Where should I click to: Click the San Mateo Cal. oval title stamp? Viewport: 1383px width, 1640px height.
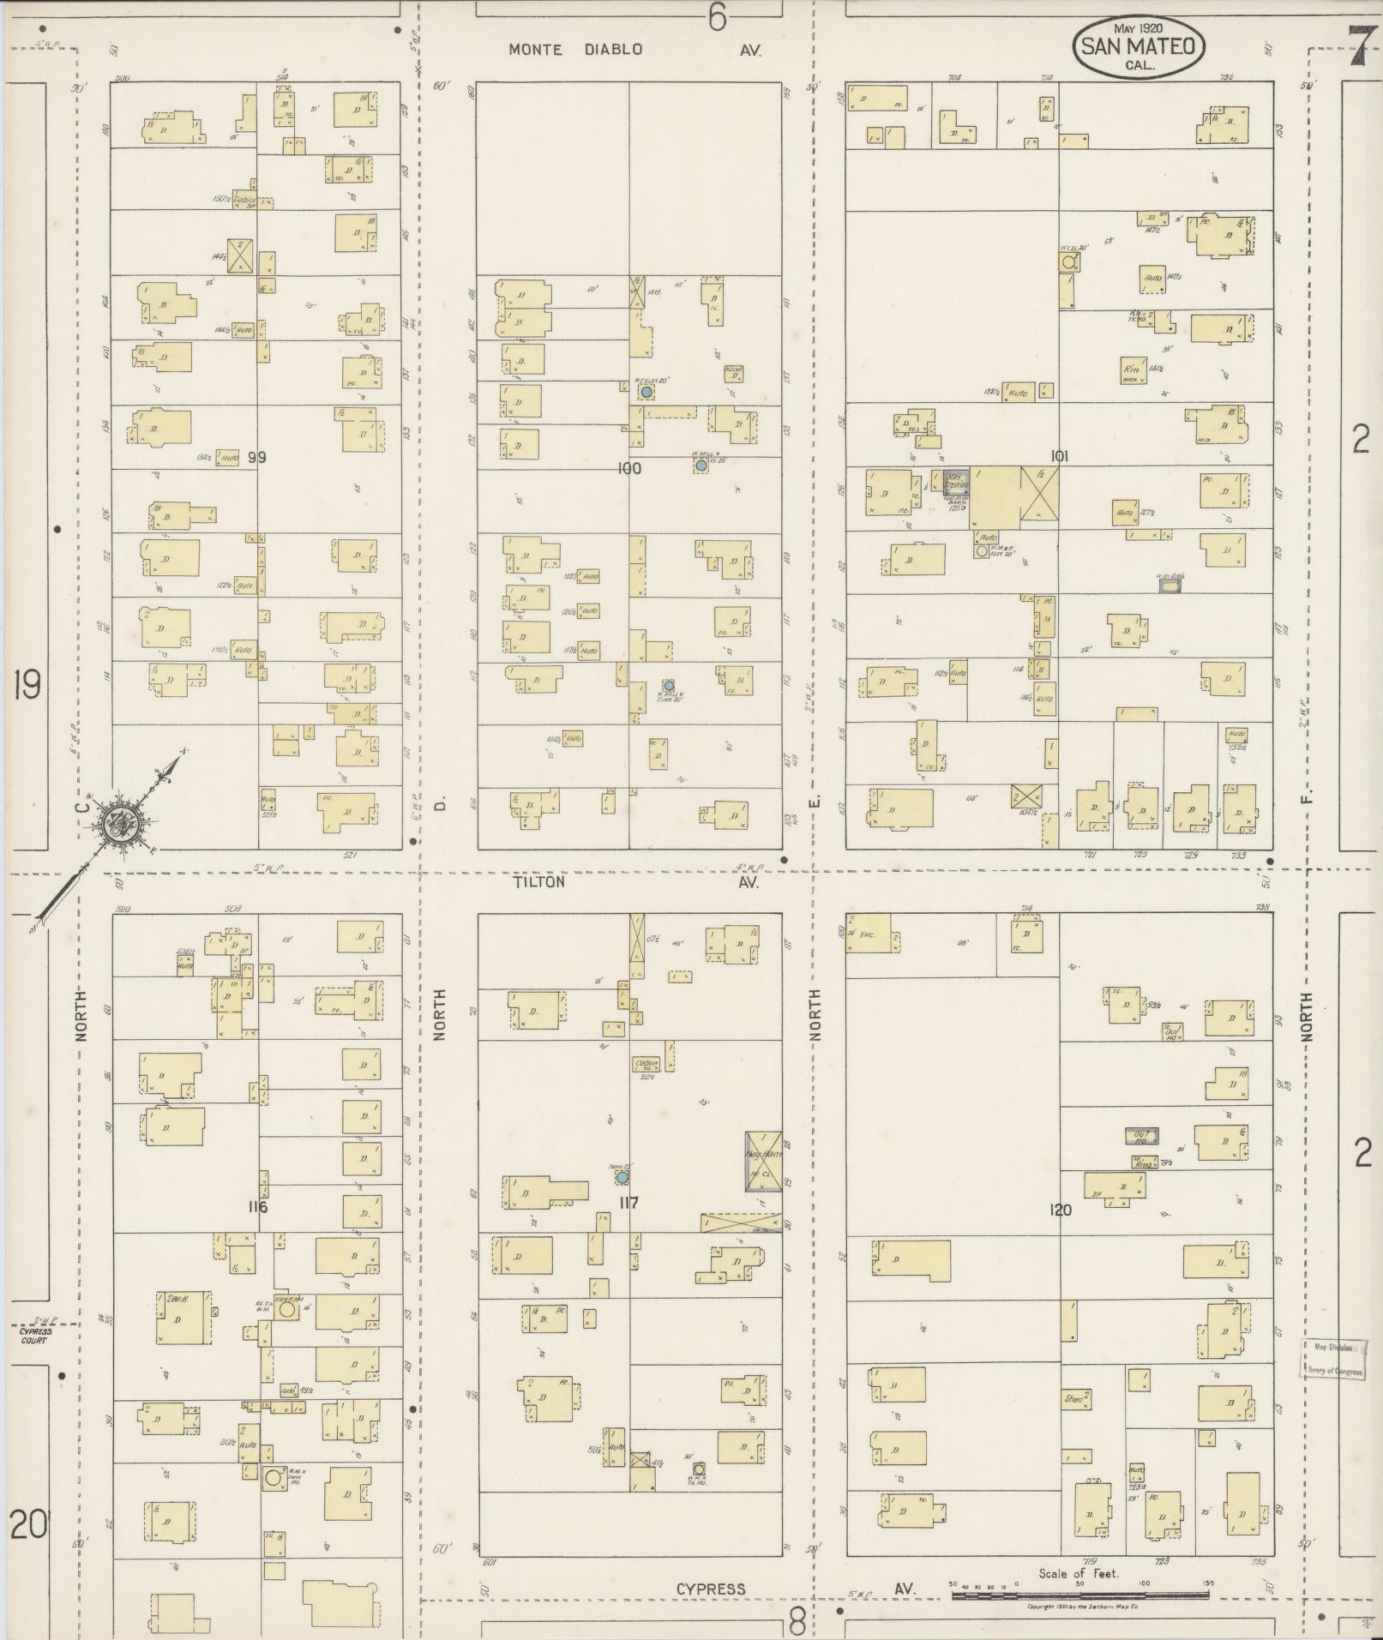click(1137, 48)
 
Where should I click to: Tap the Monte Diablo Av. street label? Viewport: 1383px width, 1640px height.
click(634, 50)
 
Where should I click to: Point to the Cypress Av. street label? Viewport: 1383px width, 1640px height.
click(793, 1589)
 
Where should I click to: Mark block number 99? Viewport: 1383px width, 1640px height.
click(256, 458)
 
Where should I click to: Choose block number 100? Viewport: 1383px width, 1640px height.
click(628, 469)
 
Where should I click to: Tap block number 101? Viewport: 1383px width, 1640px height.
click(1059, 457)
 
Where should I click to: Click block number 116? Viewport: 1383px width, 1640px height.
click(257, 1207)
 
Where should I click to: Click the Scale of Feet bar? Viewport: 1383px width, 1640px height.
click(1079, 1595)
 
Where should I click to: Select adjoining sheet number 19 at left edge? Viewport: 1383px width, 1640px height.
click(27, 686)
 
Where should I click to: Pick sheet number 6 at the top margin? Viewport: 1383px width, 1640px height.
click(716, 17)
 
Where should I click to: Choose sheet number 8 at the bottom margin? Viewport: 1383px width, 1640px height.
click(797, 1622)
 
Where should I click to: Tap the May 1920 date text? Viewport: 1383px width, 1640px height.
click(1139, 28)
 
